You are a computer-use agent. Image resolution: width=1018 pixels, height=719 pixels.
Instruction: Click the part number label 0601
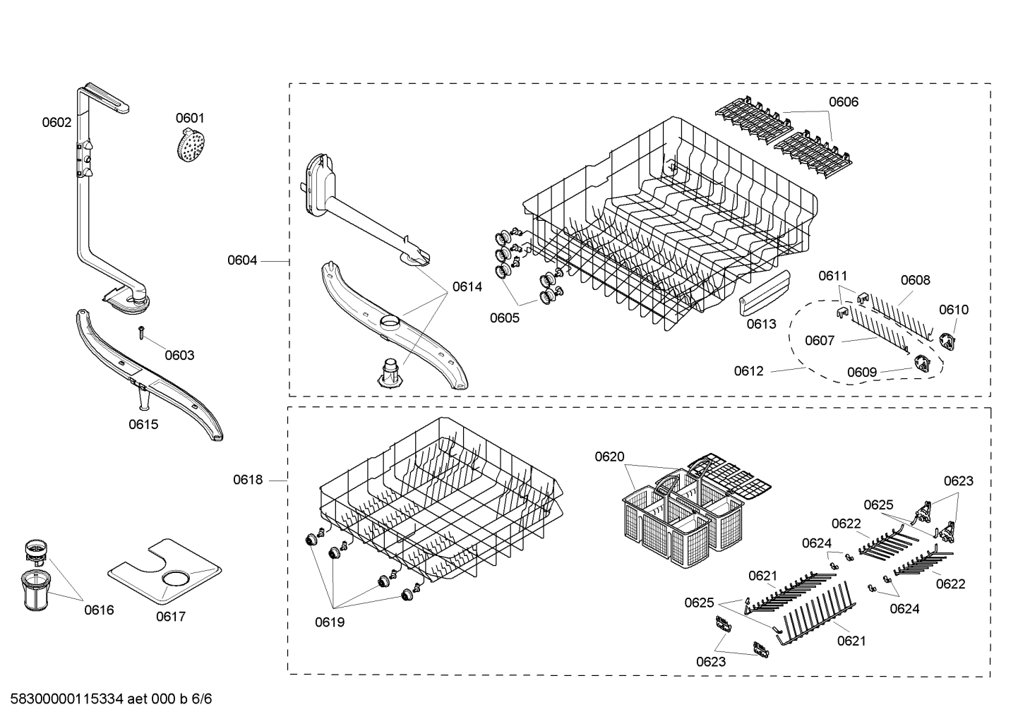[190, 118]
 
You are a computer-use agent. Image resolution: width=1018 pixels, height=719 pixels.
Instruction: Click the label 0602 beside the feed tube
[56, 122]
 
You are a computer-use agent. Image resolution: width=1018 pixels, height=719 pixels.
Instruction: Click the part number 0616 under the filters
[99, 610]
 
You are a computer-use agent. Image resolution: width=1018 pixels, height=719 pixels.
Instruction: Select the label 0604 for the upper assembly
[242, 260]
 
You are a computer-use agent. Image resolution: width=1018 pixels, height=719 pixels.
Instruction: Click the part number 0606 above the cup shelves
[843, 102]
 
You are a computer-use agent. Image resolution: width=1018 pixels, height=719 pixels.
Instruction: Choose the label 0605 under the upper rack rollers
[505, 318]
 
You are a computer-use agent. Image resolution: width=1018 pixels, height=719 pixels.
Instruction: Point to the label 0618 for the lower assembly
[248, 480]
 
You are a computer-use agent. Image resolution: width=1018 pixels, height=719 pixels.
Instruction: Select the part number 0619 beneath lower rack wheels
[330, 622]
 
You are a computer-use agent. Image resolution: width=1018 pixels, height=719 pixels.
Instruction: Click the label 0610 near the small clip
[954, 309]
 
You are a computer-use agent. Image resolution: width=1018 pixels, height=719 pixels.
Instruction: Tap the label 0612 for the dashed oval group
[748, 370]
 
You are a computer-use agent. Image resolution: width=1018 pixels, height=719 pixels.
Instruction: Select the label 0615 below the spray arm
[143, 424]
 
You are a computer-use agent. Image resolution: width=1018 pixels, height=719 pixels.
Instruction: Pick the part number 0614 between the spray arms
[467, 286]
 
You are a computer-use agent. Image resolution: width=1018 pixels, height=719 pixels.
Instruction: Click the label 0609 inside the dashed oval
[862, 372]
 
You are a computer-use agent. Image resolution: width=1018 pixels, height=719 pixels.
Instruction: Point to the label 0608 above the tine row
[915, 280]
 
